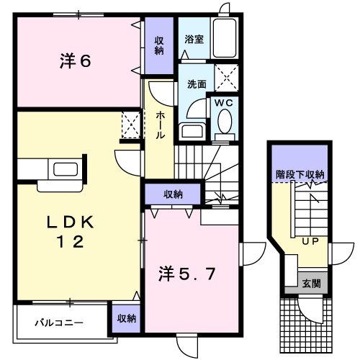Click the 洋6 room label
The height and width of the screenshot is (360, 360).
75,62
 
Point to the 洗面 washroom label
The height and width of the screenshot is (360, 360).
196,84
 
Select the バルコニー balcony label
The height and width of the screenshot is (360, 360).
60,323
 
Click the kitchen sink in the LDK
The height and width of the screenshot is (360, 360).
63,171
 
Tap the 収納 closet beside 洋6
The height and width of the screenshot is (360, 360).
158,45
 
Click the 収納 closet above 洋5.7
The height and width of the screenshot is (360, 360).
172,194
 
